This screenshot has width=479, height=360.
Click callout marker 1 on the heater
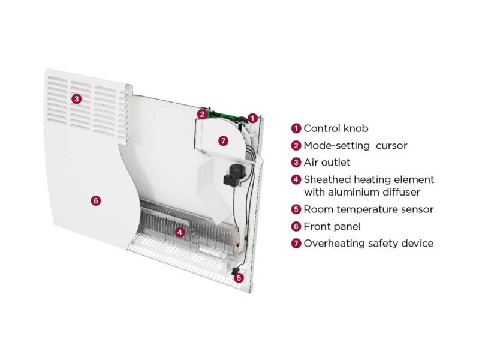pyautogui.click(x=253, y=118)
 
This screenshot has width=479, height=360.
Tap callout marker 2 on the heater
pyautogui.click(x=202, y=114)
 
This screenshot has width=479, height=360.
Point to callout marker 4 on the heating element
pyautogui.click(x=178, y=232)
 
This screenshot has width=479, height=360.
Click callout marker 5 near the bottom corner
pyautogui.click(x=239, y=278)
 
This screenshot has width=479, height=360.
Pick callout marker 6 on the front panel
pyautogui.click(x=96, y=201)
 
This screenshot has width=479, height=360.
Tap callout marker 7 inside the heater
pyautogui.click(x=223, y=141)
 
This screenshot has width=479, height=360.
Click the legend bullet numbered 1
pyautogui.click(x=296, y=128)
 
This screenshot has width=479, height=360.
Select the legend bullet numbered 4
pyautogui.click(x=296, y=179)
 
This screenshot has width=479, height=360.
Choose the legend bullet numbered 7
pyautogui.click(x=296, y=244)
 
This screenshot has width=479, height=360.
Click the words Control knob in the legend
pyautogui.click(x=336, y=128)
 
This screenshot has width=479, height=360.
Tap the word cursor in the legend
pyautogui.click(x=392, y=145)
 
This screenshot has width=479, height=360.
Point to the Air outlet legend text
pyautogui.click(x=327, y=162)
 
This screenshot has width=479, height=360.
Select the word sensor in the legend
pyautogui.click(x=417, y=209)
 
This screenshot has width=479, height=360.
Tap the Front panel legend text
pyautogui.click(x=332, y=226)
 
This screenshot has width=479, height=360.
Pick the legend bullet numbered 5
pyautogui.click(x=296, y=209)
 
